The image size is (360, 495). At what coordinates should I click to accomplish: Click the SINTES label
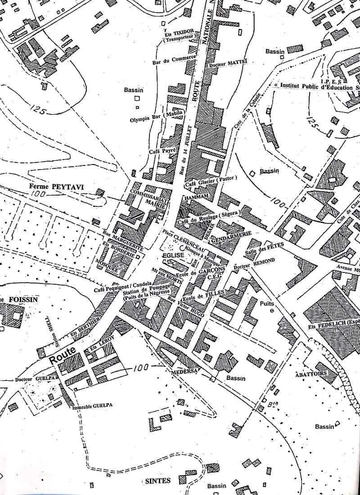158,481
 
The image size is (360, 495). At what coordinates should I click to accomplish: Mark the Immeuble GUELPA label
92,405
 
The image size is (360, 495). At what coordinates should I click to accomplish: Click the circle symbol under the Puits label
271,311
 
